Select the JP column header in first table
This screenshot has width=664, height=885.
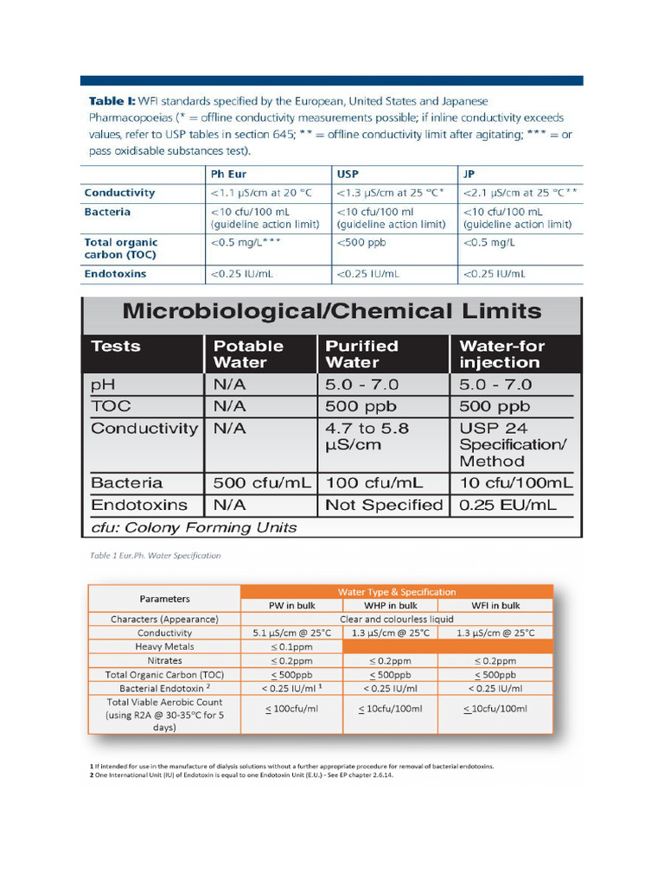click(x=470, y=173)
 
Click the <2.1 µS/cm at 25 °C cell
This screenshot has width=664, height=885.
click(x=520, y=193)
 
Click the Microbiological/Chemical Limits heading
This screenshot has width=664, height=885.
click(x=332, y=311)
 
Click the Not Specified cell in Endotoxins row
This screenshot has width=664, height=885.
click(x=383, y=505)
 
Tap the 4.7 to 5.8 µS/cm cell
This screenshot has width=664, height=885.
click(x=367, y=436)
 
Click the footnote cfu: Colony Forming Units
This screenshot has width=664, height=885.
click(x=194, y=527)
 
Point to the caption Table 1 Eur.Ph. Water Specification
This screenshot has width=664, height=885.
click(x=155, y=556)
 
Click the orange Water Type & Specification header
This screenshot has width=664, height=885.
click(x=396, y=592)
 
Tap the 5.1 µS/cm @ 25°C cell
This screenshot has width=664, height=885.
click(x=291, y=633)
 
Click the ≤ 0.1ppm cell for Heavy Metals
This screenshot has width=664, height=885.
click(x=291, y=646)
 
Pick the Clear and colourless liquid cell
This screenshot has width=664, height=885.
click(x=396, y=619)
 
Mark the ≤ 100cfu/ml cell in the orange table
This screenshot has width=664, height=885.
click(x=291, y=709)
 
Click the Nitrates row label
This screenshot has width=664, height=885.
click(x=164, y=660)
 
